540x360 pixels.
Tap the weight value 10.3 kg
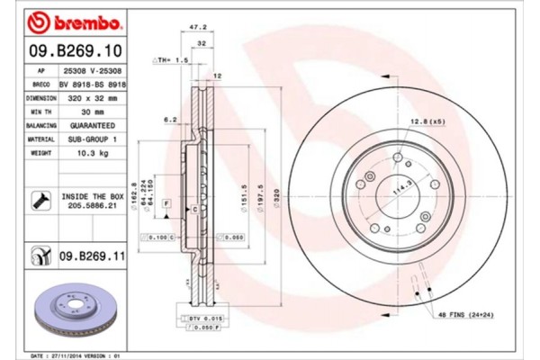pos(88,155)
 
